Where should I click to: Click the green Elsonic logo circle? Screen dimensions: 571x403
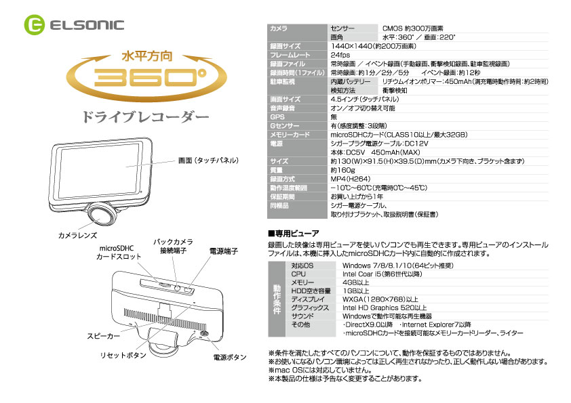[x=34, y=25]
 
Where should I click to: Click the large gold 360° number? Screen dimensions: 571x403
[x=150, y=77]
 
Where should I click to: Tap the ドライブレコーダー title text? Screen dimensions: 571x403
[x=146, y=117]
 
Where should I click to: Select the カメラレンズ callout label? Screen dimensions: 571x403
[x=77, y=235]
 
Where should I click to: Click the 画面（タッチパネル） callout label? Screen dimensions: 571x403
[x=208, y=161]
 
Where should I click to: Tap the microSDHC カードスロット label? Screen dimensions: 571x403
[x=118, y=253]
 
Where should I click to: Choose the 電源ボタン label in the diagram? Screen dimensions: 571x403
[x=230, y=358]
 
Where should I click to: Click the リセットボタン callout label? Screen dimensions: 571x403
[x=123, y=356]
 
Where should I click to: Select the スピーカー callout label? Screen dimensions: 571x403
[x=103, y=336]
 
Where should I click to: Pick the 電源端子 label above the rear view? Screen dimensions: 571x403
[x=224, y=251]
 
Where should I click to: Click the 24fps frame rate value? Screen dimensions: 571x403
[x=340, y=55]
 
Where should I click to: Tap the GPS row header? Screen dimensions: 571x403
[x=277, y=116]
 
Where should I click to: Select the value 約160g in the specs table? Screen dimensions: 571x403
[x=342, y=170]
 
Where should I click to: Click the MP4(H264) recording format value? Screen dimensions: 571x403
[x=351, y=179]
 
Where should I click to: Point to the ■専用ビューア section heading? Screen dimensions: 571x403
[x=294, y=233]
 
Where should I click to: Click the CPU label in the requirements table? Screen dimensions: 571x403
[x=298, y=274]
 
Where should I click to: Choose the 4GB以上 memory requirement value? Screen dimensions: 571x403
[x=355, y=282]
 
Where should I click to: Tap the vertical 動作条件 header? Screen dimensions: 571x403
[x=277, y=299]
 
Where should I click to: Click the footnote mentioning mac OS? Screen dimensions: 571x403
[x=321, y=370]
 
